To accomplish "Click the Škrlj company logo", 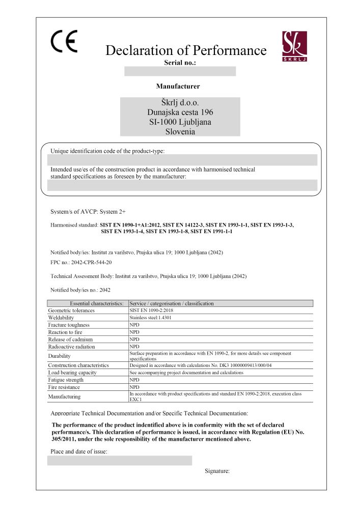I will [x=294, y=46].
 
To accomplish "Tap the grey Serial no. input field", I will [x=180, y=71].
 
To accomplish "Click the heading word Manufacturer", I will [x=178, y=86].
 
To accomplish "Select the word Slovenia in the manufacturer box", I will [x=180, y=131].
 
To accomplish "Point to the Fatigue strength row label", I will [x=66, y=380].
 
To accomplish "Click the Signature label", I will [x=217, y=471].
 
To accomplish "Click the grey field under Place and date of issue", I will [x=119, y=461].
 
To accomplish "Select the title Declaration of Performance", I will [x=185, y=50].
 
